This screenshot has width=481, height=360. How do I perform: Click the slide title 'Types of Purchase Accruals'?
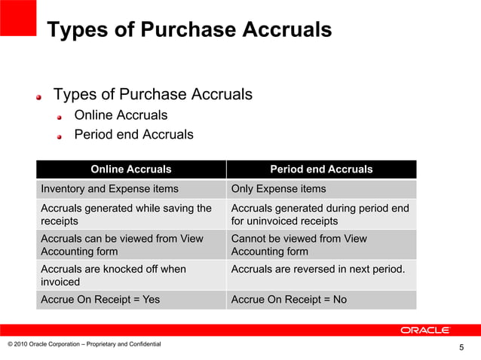[188, 30]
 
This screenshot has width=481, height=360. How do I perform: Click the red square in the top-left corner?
[18, 17]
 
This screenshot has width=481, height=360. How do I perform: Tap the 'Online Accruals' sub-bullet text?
[121, 115]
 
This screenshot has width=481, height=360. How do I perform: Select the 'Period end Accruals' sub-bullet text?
[133, 135]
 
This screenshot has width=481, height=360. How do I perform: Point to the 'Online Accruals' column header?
[130, 169]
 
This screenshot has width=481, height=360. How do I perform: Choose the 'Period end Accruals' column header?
[321, 169]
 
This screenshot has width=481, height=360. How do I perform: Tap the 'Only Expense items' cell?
[279, 189]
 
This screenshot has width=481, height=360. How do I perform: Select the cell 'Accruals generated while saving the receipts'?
[126, 215]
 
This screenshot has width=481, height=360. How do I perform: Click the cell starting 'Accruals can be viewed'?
[121, 245]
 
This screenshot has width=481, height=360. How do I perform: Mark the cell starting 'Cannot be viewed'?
[299, 245]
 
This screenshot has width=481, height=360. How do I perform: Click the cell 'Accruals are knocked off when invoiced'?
[113, 275]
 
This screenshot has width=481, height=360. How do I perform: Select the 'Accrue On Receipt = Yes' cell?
[100, 300]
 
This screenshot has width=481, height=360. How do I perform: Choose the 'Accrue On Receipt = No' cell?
[289, 300]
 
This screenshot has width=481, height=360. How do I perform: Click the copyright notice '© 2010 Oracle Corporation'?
[84, 344]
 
